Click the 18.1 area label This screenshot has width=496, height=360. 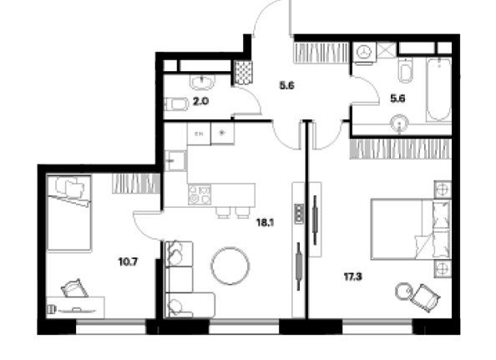(265, 223)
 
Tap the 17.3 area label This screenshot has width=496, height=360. (353, 277)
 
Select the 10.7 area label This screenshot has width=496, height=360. (128, 262)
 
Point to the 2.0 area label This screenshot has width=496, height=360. (201, 102)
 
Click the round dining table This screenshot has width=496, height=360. (230, 266)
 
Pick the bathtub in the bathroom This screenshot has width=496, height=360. (438, 89)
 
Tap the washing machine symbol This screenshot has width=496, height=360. (365, 52)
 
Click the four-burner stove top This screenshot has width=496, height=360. (200, 195)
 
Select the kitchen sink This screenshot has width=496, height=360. (175, 161)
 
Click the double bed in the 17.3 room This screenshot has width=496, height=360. (411, 230)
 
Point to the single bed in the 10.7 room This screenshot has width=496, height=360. (69, 213)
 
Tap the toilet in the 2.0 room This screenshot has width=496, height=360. (176, 104)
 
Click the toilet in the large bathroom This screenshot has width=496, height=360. (406, 70)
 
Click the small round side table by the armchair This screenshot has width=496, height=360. (403, 292)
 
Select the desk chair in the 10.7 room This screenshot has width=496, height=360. (74, 288)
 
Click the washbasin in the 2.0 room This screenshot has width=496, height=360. (202, 82)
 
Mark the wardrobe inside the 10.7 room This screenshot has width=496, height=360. (136, 184)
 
